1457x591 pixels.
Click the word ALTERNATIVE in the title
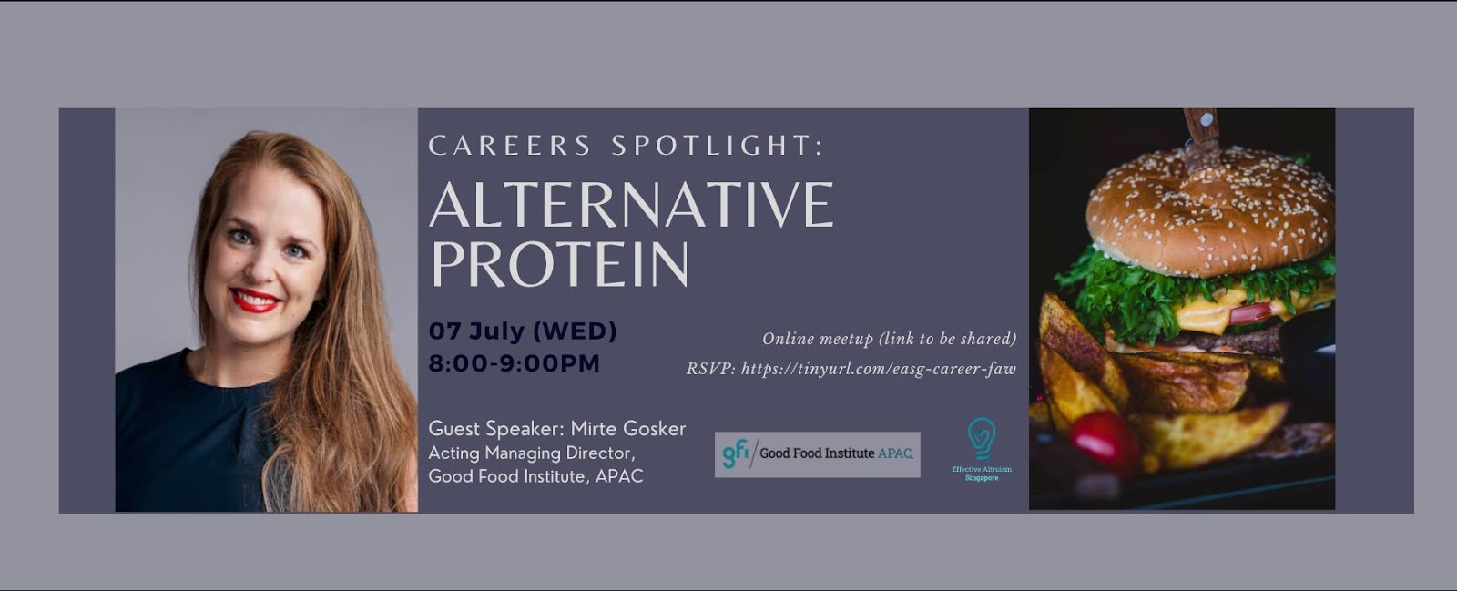point(632,205)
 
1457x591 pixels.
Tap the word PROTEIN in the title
point(559,264)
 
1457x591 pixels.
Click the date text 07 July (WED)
point(523,331)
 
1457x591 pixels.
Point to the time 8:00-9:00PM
point(515,363)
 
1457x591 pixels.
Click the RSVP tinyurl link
point(878,370)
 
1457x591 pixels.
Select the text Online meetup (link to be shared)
point(889,339)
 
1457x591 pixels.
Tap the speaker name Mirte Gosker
point(628,429)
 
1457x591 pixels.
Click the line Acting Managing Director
point(532,453)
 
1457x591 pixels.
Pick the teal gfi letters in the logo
point(736,453)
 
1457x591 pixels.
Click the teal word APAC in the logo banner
point(895,453)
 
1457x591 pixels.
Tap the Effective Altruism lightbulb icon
point(982,438)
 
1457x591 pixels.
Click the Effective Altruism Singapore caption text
point(982,474)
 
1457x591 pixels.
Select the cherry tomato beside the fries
point(1105,439)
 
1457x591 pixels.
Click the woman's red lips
point(256,300)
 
